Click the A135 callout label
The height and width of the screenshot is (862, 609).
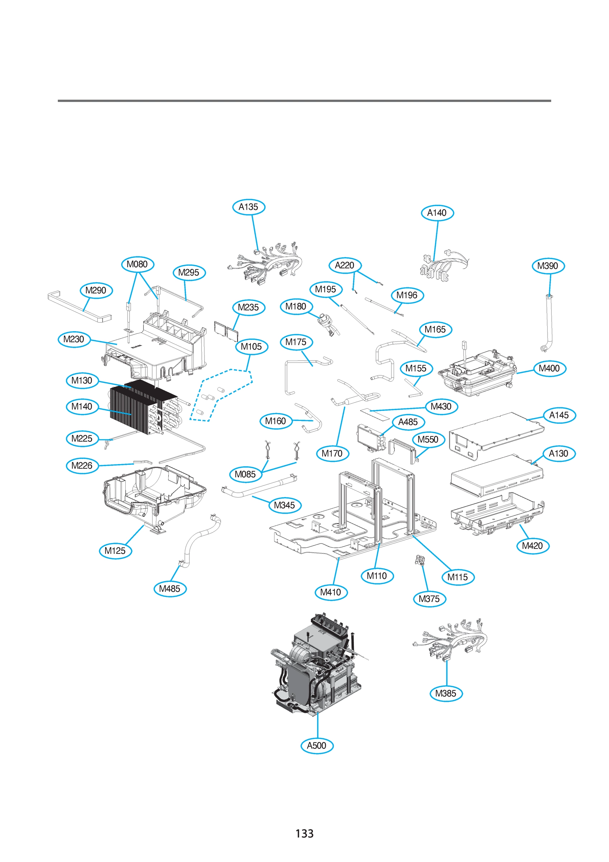[248, 207]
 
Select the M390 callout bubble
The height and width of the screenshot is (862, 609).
[548, 266]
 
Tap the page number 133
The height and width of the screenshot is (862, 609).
[304, 834]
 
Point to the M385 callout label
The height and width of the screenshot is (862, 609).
[446, 693]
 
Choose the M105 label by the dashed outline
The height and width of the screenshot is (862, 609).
[252, 347]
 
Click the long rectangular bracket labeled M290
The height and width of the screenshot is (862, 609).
[79, 306]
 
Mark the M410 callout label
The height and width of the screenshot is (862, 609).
[331, 592]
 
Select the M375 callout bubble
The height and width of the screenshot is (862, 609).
[429, 598]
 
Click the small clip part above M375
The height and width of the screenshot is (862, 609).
[419, 560]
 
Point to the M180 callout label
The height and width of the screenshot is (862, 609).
[296, 307]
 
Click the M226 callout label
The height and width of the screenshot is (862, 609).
[82, 465]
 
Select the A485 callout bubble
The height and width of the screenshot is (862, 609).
[408, 422]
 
